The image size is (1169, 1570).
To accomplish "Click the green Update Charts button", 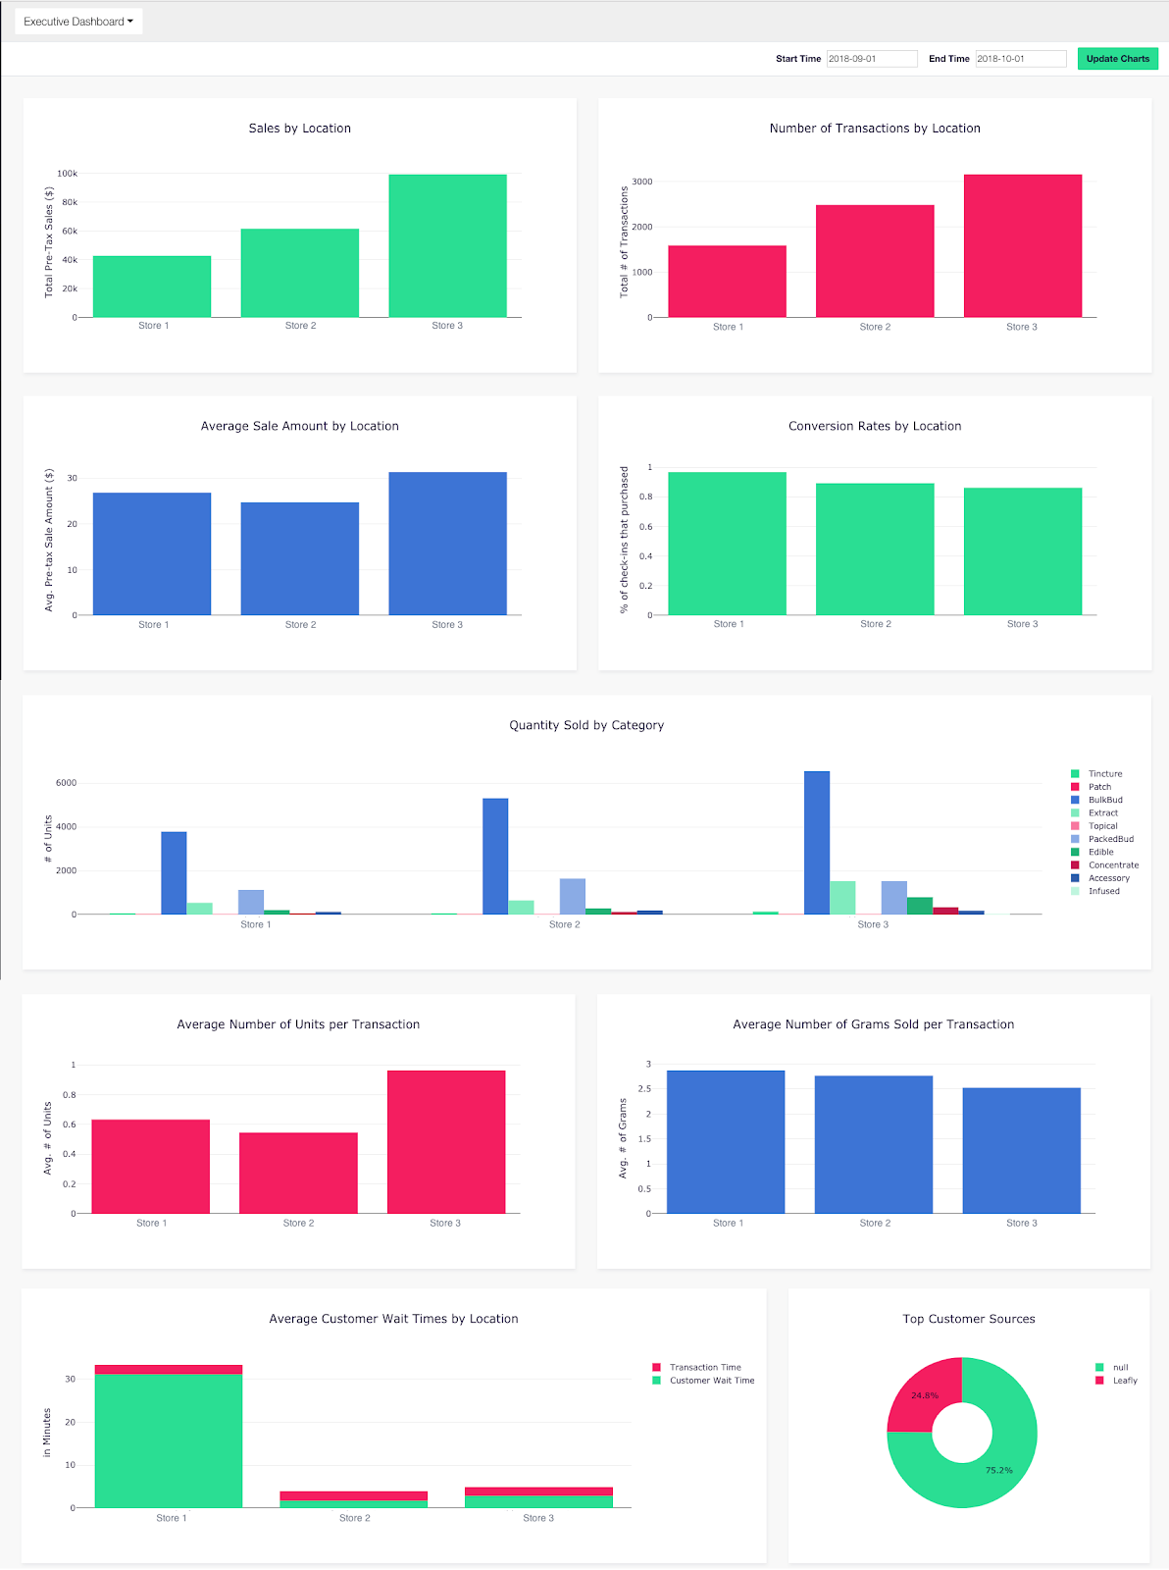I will pos(1117,59).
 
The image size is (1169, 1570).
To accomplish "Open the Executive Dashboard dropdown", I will pos(78,22).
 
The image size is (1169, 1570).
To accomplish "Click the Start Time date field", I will pos(871,59).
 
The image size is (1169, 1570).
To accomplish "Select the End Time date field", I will pos(1020,59).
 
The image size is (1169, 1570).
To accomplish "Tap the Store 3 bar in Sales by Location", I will pos(447,246).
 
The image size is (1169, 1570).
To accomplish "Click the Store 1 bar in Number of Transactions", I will pos(727,282).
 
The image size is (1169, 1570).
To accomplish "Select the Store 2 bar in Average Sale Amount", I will pos(299,559).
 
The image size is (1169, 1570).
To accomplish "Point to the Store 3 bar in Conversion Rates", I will pos(1022,551).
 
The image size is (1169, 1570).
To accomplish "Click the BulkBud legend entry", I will pos(1104,800).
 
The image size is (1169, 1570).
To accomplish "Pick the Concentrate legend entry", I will pos(1113,865).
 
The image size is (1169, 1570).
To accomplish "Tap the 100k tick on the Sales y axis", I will pos(67,174).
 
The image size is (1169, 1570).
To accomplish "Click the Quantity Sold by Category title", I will pos(586,725).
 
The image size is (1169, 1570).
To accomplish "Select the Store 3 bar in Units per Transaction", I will pos(445,1142).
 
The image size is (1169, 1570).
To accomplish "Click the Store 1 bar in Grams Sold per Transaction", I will pos(725,1142).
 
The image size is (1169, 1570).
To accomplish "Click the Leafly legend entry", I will pos(1124,1381).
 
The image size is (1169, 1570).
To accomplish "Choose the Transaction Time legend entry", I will pos(704,1367).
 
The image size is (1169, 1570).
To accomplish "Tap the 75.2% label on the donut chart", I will pos(998,1470).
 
